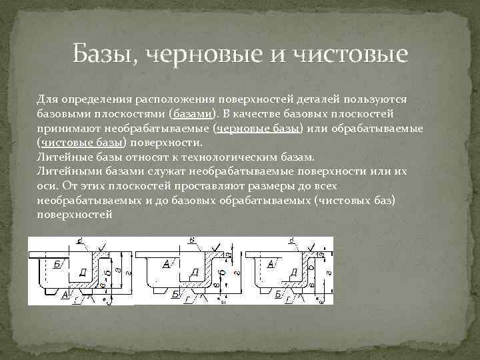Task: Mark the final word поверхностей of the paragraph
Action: pyautogui.click(x=75, y=215)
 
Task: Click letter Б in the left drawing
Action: pyautogui.click(x=57, y=264)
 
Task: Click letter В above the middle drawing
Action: pyautogui.click(x=192, y=239)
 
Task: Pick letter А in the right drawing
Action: pyautogui.click(x=271, y=264)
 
